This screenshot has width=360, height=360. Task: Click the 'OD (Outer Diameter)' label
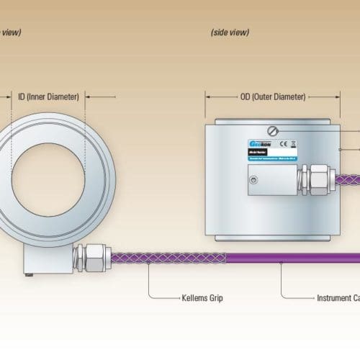pyautogui.click(x=272, y=96)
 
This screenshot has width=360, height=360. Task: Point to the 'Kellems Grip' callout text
pyautogui.click(x=182, y=297)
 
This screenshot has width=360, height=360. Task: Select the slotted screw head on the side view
pyautogui.click(x=271, y=131)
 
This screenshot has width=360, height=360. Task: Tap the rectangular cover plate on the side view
pyautogui.click(x=271, y=181)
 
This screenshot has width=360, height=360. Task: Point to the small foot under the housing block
pyautogui.click(x=28, y=274)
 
